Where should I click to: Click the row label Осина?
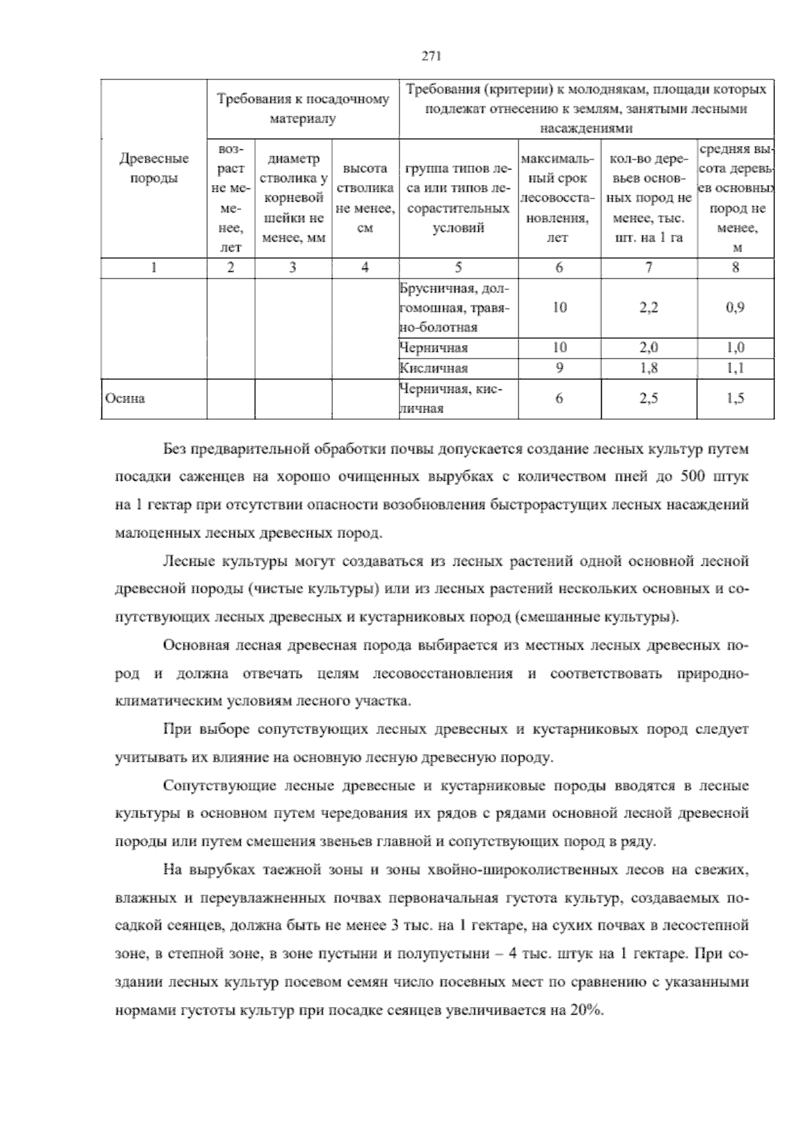[x=125, y=398]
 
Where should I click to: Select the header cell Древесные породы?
[x=154, y=168]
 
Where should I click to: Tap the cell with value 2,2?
[x=648, y=308]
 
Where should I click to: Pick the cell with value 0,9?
[x=735, y=308]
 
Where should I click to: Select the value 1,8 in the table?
[x=648, y=368]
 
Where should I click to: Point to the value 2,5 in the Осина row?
[x=648, y=398]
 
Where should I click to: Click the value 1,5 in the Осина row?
[x=735, y=398]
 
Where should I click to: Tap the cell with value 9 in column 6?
[x=560, y=368]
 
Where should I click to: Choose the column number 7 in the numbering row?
[x=648, y=268]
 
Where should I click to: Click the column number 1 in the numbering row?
[x=154, y=268]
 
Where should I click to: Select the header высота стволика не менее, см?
[x=365, y=198]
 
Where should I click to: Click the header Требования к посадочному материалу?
[x=303, y=109]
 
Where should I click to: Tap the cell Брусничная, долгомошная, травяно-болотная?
[x=455, y=308]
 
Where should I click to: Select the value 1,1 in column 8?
[x=735, y=368]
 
